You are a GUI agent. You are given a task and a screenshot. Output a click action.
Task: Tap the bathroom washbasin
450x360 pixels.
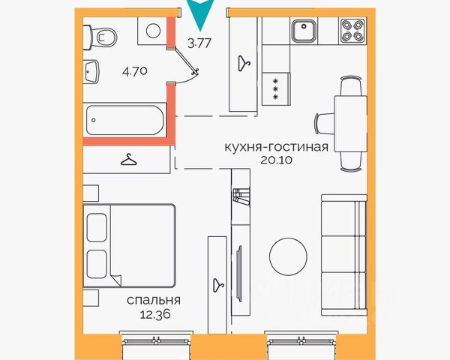(x=91, y=72)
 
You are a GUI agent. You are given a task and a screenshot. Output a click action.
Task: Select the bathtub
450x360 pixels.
(x=124, y=120)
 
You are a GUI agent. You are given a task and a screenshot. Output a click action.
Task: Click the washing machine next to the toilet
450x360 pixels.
(x=153, y=31)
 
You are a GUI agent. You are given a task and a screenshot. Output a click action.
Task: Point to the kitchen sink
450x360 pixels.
(x=304, y=30)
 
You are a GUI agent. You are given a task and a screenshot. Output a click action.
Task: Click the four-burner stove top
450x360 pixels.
(x=352, y=31)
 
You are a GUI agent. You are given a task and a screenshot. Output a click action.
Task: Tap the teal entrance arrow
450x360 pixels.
(x=200, y=13)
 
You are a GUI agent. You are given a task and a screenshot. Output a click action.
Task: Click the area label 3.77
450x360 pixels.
(x=199, y=43)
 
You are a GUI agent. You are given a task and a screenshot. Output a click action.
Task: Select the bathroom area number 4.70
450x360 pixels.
(x=135, y=71)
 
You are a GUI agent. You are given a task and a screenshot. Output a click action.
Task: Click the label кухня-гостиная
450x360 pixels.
(x=276, y=147)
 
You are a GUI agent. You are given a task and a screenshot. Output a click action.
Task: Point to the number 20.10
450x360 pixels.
(x=276, y=160)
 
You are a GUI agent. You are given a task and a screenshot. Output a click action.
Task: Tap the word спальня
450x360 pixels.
(x=154, y=300)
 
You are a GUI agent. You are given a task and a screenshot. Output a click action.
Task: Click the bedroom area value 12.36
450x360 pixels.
(x=155, y=314)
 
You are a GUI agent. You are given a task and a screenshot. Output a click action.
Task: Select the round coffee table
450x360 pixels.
(x=288, y=256)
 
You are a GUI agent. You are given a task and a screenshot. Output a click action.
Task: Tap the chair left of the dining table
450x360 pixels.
(x=325, y=124)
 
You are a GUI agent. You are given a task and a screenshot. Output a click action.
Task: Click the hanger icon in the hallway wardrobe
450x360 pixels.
(x=244, y=64)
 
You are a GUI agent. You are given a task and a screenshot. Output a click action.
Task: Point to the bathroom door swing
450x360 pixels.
(x=186, y=67)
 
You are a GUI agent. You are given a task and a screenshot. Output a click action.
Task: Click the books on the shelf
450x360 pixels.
(x=241, y=196)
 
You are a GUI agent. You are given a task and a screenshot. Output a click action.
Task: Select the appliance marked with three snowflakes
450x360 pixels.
(x=276, y=88)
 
